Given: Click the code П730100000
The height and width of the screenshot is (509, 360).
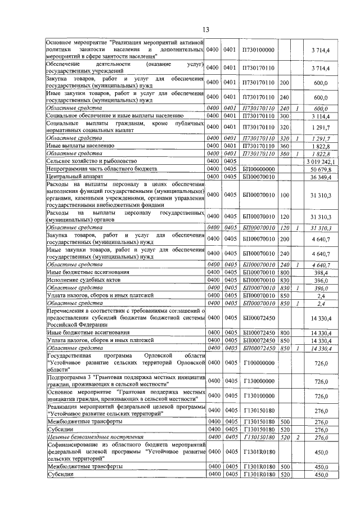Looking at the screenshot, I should (258, 50).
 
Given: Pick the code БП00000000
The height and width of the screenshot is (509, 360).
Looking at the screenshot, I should (258, 169).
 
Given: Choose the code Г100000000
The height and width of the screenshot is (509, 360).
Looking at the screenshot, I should (258, 364).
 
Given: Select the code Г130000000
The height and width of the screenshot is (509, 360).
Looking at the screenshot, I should (258, 381).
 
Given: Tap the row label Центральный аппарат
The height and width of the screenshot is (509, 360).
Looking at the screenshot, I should (73, 177).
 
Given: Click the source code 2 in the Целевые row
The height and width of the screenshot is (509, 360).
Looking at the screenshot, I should (298, 437).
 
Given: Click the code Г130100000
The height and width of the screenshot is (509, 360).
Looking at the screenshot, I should (258, 396).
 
